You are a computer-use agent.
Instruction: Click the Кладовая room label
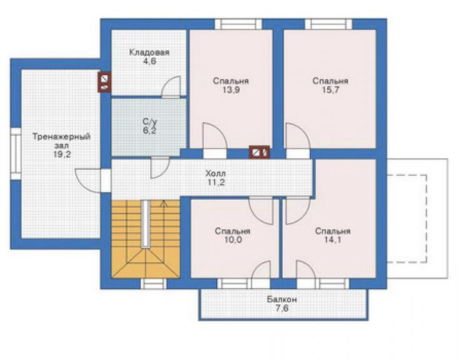point(149,53)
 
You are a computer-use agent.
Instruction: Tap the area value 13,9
point(231,90)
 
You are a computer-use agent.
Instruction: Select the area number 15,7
point(330,90)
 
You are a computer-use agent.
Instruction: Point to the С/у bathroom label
point(150,121)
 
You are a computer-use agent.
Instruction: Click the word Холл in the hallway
point(216,173)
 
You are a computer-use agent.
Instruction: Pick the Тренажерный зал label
point(61,141)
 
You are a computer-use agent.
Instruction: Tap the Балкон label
point(282,299)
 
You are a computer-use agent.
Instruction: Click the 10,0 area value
point(233,240)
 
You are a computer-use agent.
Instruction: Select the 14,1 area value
point(333,240)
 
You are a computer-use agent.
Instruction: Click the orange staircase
point(146,239)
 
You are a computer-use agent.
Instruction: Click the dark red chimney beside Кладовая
point(104,82)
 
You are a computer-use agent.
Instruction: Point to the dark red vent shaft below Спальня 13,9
point(259,152)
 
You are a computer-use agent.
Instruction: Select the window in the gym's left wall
point(16,153)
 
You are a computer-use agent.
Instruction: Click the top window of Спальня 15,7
point(328,24)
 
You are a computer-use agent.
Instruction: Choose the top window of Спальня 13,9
point(238,24)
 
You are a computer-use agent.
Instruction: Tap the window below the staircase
point(153,284)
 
